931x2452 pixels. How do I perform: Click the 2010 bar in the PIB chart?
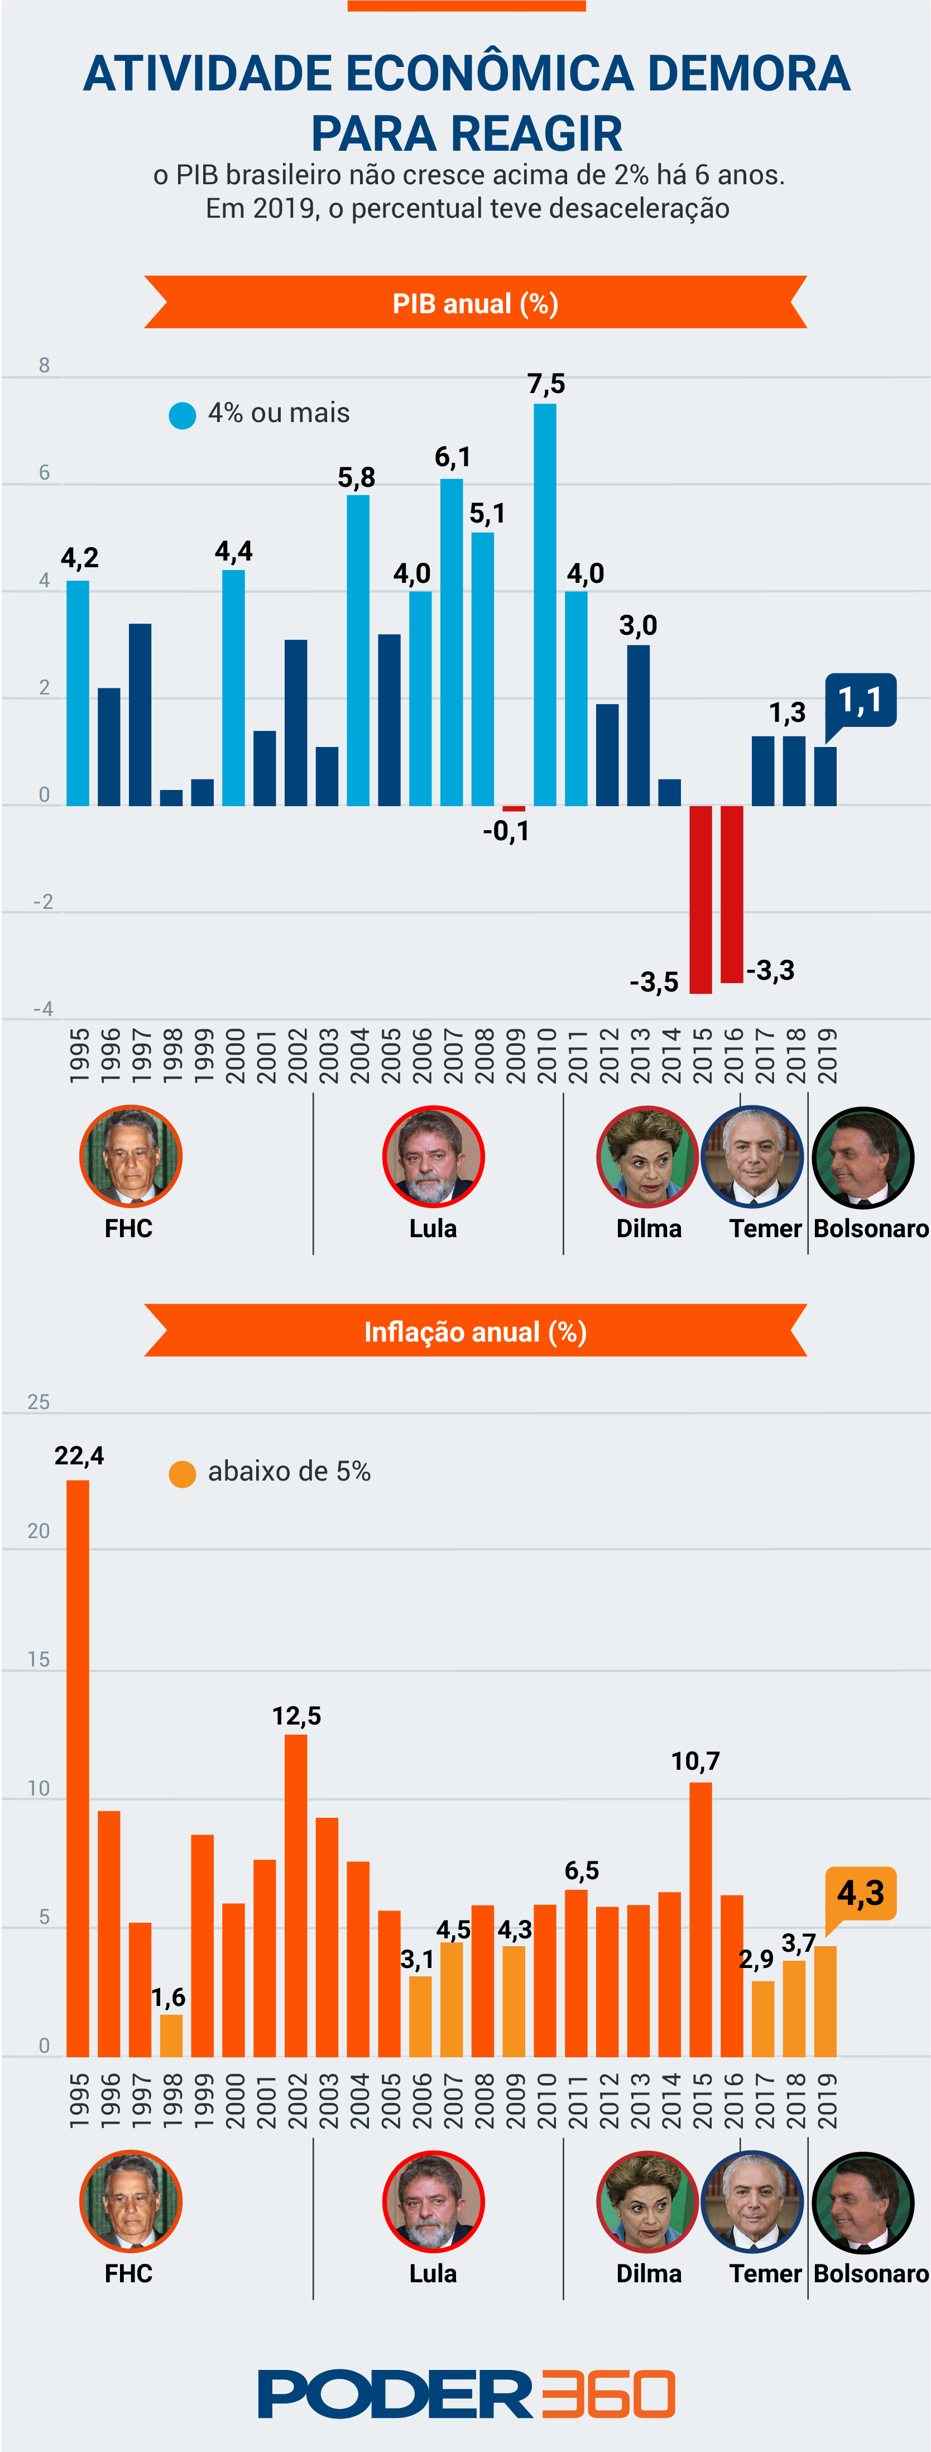click(x=545, y=605)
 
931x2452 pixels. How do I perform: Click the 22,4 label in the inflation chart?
click(x=79, y=1455)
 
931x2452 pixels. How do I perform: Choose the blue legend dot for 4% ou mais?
click(x=182, y=415)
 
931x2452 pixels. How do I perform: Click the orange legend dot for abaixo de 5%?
click(x=182, y=1473)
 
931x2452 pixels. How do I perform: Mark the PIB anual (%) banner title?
click(x=475, y=304)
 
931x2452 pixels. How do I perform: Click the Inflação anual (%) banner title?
click(x=475, y=1332)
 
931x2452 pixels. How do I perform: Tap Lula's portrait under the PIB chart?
click(x=433, y=1157)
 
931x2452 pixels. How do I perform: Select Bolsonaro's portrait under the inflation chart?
click(x=862, y=2202)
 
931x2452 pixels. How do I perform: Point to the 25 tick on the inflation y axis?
click(x=38, y=1401)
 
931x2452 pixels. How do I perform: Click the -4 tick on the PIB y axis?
click(x=43, y=1008)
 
